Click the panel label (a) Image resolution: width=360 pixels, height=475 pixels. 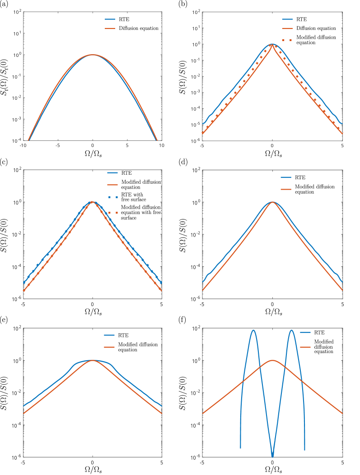(4, 4)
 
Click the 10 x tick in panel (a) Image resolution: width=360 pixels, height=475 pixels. (161, 146)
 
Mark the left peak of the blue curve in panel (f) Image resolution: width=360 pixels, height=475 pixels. (253, 331)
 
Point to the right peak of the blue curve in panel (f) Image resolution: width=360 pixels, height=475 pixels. (291, 331)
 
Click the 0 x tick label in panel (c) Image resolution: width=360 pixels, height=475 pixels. (93, 305)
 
